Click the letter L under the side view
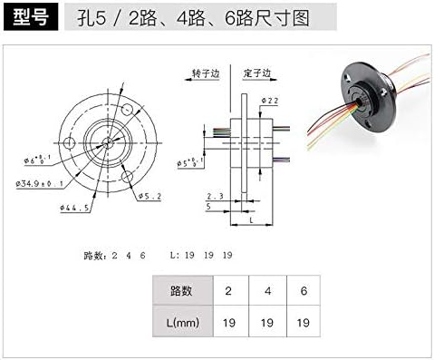[x=250, y=219]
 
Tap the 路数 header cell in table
[x=180, y=290]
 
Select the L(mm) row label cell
[x=180, y=320]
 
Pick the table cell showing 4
[x=266, y=290]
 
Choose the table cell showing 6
[x=304, y=290]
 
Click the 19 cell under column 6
[x=304, y=320]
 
